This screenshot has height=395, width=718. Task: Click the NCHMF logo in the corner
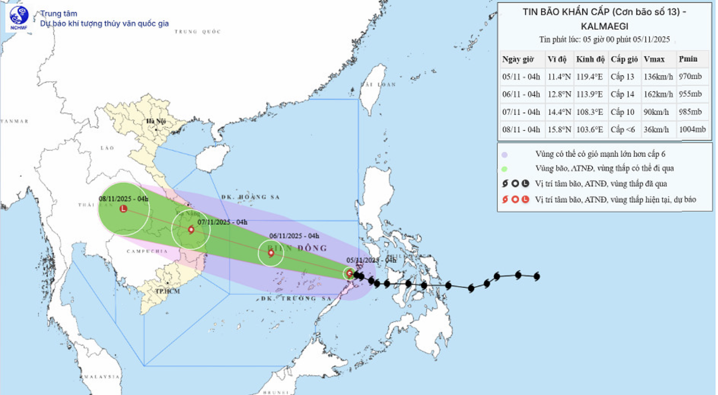19,17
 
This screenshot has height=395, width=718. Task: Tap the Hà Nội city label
155,121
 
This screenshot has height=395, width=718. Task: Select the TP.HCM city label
168,291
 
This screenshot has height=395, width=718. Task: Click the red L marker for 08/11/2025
123,208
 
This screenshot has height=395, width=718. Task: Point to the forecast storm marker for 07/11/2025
191,230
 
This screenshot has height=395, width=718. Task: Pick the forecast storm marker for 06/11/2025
271,253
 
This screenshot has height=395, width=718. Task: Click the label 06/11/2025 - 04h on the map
294,236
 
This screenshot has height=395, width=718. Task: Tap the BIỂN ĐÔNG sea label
297,248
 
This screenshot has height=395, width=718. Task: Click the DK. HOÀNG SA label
251,197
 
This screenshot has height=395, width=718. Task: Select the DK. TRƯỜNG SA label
296,298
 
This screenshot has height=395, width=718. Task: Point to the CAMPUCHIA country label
147,251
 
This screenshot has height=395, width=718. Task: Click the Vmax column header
654,59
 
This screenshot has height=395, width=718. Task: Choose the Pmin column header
688,59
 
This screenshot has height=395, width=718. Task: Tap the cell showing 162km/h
658,94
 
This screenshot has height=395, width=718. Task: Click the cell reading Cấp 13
622,77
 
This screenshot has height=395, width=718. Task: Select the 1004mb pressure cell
692,129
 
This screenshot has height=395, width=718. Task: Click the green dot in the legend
505,169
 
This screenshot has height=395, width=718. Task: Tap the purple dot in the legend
505,155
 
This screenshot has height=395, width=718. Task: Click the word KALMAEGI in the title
604,26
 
